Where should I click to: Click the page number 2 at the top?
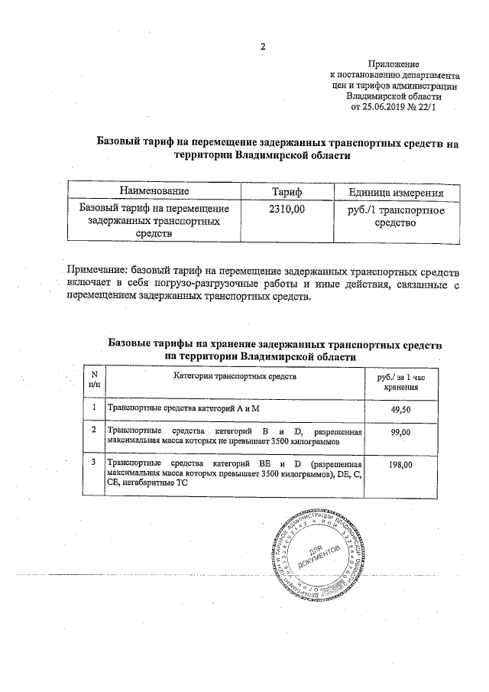point(263,46)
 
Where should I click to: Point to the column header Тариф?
point(287,190)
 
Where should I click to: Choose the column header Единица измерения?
point(397,190)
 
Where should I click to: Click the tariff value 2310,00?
point(287,208)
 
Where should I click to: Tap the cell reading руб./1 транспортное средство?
point(397,216)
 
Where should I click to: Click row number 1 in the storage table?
point(94,409)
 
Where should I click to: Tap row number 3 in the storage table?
point(94,463)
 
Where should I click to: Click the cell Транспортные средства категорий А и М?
point(184,410)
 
